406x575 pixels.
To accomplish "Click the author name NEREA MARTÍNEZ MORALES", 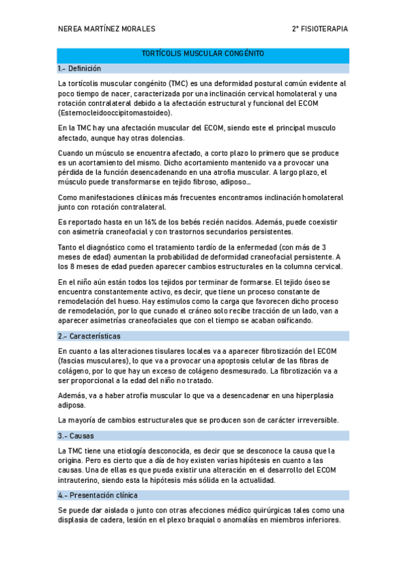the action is [107, 29].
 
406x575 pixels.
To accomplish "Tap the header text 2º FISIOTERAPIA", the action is [319, 29].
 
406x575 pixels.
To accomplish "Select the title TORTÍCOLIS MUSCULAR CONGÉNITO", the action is [203, 54].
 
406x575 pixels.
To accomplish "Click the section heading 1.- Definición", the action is [79, 68].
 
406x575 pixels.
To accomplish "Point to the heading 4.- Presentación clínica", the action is [98, 495].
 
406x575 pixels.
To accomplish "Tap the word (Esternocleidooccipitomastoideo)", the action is [115, 113].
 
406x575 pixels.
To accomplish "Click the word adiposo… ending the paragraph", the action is [235, 182].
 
